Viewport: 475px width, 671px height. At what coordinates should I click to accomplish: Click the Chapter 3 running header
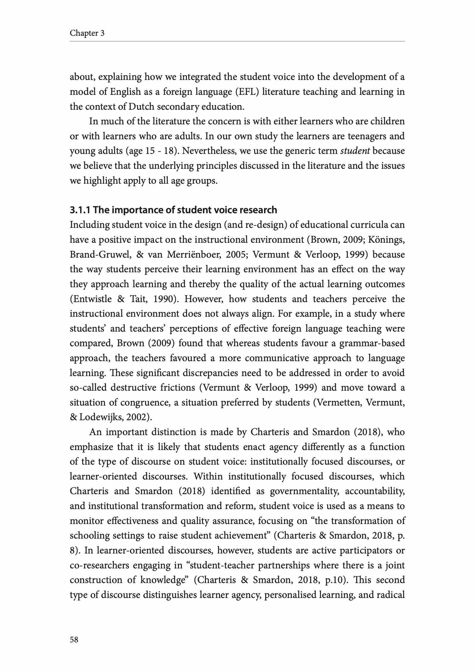click(x=87, y=33)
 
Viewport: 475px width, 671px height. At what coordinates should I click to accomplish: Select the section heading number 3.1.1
click(x=80, y=210)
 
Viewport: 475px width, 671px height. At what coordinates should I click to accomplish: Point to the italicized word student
click(x=355, y=151)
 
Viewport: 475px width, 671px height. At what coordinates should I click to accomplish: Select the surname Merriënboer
click(x=193, y=255)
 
